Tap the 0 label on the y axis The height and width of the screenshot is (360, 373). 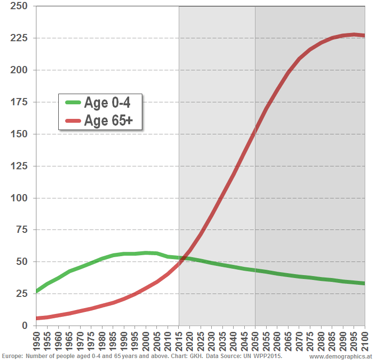25,326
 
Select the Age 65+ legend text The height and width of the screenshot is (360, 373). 108,120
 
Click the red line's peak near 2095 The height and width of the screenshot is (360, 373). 354,34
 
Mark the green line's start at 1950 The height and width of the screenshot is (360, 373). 37,291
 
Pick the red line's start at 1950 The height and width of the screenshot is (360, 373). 37,318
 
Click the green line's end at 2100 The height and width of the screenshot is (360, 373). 364,283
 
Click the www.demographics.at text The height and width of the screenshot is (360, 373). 340,357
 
